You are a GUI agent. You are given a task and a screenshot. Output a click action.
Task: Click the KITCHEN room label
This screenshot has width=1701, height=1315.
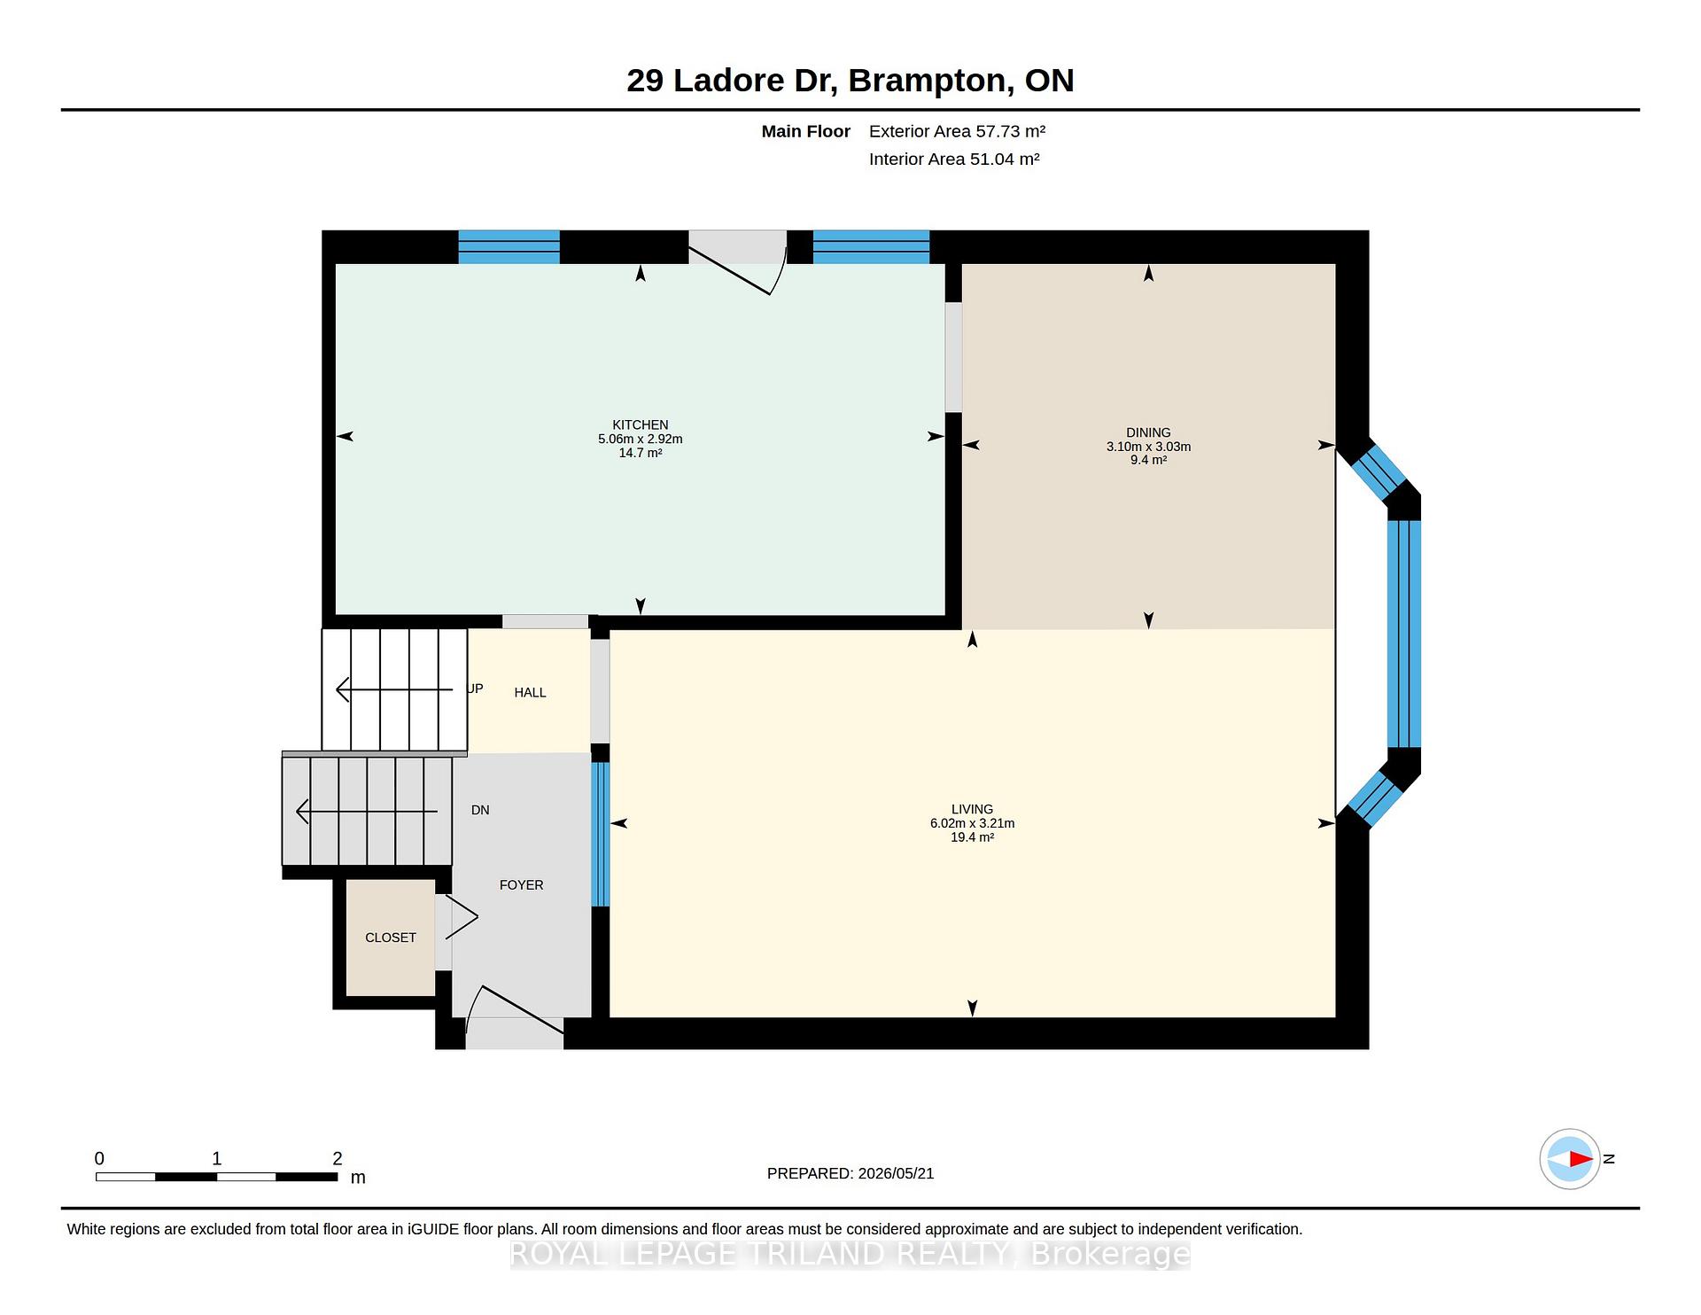[x=640, y=425]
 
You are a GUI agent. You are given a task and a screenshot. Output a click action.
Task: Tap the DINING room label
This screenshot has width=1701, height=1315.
[x=1148, y=433]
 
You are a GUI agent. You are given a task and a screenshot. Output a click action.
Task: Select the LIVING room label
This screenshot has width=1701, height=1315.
[x=972, y=809]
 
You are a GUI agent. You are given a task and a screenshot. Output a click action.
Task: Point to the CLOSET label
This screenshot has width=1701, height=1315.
[x=391, y=938]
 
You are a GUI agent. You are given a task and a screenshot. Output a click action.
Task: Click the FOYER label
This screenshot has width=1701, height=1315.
[x=521, y=885]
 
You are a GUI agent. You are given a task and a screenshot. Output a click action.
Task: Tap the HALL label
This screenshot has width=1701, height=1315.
[x=530, y=693]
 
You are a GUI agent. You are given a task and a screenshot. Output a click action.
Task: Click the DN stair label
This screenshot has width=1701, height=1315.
[x=480, y=810]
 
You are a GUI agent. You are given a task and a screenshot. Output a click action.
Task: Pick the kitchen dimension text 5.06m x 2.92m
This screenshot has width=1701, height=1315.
[x=640, y=440]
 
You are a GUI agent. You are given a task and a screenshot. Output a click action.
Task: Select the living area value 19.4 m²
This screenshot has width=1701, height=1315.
[x=972, y=837]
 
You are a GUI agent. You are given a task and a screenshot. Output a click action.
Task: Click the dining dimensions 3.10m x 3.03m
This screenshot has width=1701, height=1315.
[x=1148, y=447]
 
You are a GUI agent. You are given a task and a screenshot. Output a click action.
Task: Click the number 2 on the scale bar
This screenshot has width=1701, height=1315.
[x=337, y=1159]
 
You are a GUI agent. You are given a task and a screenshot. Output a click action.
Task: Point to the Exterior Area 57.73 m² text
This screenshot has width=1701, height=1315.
[x=957, y=132]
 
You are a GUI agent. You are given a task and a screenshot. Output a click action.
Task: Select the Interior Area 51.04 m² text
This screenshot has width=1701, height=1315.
[x=954, y=160]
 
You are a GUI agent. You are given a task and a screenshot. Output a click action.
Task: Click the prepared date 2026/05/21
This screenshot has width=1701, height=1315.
[x=896, y=1173]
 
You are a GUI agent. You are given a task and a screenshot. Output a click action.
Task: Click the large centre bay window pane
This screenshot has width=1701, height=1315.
[x=1404, y=634]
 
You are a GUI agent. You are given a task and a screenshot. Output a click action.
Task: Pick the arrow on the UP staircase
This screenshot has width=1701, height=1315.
[x=394, y=689]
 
